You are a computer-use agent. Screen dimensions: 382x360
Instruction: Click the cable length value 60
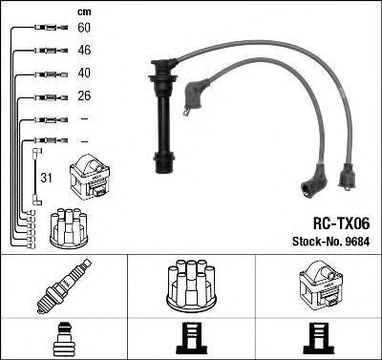tap(84, 28)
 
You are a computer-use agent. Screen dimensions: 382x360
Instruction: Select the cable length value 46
tap(84, 51)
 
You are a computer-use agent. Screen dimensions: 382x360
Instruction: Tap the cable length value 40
tap(84, 73)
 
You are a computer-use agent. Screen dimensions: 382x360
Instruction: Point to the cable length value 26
tap(84, 95)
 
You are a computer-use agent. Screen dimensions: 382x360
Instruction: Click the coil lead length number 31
tap(46, 178)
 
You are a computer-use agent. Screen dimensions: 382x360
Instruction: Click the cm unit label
tap(84, 12)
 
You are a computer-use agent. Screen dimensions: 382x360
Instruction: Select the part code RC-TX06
tap(341, 223)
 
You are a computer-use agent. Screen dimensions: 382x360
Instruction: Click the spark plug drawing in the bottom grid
tap(64, 286)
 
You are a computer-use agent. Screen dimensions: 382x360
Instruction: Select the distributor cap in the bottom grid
tap(191, 285)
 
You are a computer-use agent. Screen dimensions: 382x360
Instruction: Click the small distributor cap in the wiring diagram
tap(69, 228)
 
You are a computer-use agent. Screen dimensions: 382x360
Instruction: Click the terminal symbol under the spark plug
tap(64, 339)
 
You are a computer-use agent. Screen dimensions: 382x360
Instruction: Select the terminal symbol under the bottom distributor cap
tap(191, 339)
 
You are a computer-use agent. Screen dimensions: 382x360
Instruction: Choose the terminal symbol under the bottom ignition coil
tap(319, 339)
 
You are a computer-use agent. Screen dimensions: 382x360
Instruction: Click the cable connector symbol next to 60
tap(51, 28)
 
